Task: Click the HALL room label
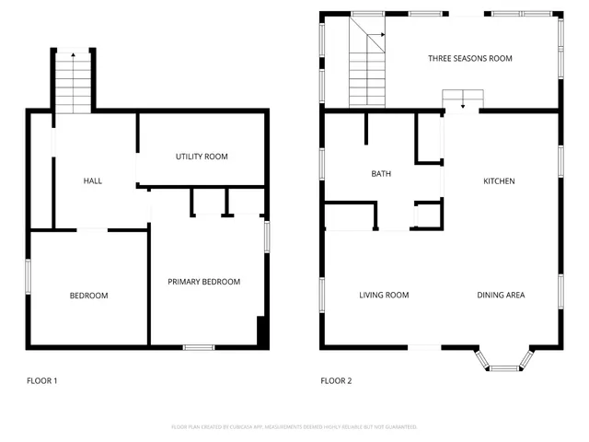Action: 92,180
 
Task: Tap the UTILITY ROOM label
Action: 202,157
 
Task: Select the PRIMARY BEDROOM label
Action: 203,282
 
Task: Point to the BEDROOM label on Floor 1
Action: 88,296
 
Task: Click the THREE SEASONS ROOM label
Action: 469,58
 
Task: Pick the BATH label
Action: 381,173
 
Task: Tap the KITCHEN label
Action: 499,181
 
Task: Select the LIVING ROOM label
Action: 384,295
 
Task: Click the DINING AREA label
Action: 501,295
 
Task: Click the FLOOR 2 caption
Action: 336,380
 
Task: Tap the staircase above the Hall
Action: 73,82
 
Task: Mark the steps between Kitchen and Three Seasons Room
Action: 463,99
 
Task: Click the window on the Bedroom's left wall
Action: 28,276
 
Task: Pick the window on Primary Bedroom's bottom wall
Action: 198,347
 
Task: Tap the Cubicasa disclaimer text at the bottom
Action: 294,427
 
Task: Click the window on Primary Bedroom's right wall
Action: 268,236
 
